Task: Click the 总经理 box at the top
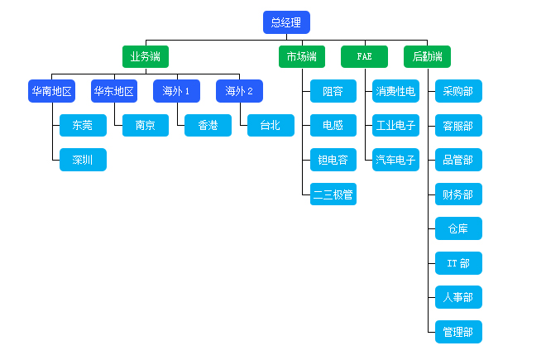click(x=286, y=23)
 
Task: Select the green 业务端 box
click(x=146, y=57)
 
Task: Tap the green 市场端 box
click(x=301, y=57)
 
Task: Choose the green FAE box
click(x=364, y=57)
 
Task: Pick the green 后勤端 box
click(x=427, y=57)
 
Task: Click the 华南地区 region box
click(x=51, y=91)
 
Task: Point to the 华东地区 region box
click(x=114, y=91)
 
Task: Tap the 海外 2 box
click(x=239, y=91)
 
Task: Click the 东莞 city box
click(x=83, y=126)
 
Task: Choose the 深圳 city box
click(x=83, y=160)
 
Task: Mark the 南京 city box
click(x=146, y=126)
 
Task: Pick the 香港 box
click(x=208, y=126)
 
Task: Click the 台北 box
click(x=271, y=126)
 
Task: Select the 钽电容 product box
click(x=333, y=160)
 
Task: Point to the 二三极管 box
click(x=333, y=194)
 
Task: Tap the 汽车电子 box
click(x=396, y=160)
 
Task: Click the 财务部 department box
click(x=458, y=194)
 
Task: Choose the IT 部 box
click(x=458, y=263)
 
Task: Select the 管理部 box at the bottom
click(x=458, y=332)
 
